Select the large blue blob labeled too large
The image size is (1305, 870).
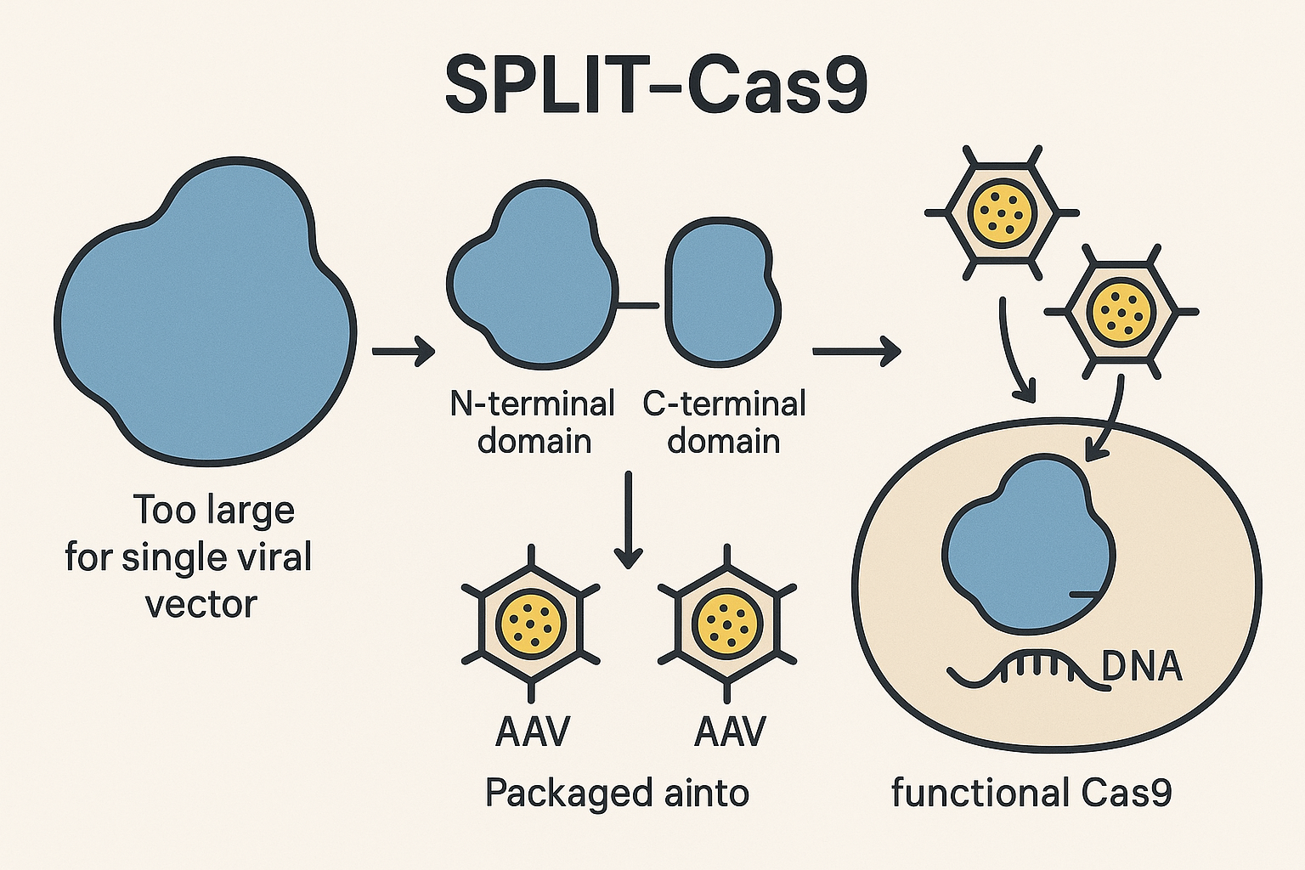tap(205, 312)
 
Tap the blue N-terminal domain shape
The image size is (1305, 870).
tap(532, 272)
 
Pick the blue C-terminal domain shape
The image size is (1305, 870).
tap(723, 291)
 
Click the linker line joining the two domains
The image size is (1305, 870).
tap(639, 305)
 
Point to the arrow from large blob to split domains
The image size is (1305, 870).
tap(404, 351)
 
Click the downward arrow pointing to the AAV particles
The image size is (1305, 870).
tap(628, 520)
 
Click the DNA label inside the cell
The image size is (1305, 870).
tap(1142, 668)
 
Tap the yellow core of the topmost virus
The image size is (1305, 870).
tap(1003, 212)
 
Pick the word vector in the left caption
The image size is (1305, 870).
tap(201, 605)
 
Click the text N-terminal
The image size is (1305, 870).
tap(533, 404)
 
